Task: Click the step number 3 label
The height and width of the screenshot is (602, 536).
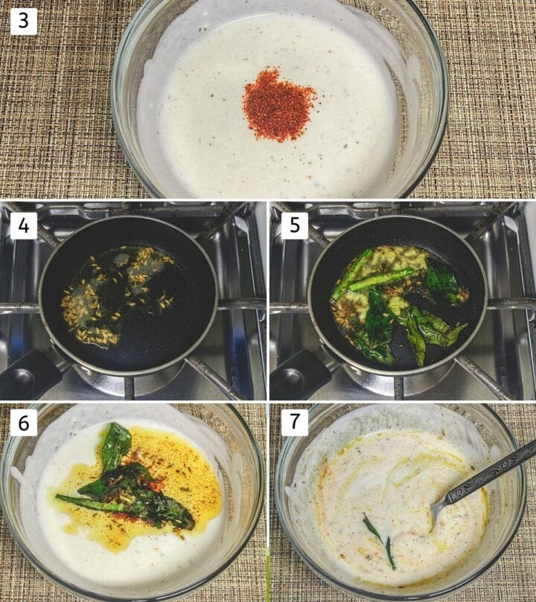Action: click(x=23, y=21)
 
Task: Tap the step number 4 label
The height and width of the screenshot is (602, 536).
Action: click(x=23, y=225)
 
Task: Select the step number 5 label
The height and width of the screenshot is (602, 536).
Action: click(x=293, y=225)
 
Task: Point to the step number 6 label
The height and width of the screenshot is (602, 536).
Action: click(x=23, y=423)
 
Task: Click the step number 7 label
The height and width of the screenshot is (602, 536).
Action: click(x=294, y=423)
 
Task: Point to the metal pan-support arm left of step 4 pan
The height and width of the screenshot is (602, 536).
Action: click(x=19, y=305)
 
